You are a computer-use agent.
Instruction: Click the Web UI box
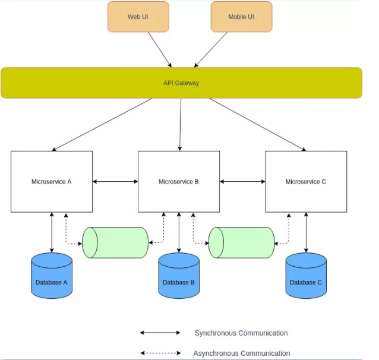tap(138, 17)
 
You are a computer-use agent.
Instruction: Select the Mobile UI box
tap(241, 17)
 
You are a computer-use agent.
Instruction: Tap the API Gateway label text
tap(181, 83)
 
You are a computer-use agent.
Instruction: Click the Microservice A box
tap(52, 182)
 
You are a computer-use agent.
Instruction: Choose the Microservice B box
tap(179, 182)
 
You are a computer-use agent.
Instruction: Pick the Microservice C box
tap(306, 182)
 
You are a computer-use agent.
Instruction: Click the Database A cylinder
tap(52, 276)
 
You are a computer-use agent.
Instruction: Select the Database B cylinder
tap(179, 276)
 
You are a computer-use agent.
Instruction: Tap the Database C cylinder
tap(306, 276)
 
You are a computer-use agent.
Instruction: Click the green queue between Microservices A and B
tap(115, 242)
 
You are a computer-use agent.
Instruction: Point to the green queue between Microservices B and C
tap(241, 242)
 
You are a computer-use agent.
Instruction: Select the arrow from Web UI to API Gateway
tap(160, 49)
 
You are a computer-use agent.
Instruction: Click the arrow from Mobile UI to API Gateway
tap(210, 49)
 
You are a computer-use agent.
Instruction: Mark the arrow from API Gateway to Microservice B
tap(181, 124)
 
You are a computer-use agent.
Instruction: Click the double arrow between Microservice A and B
tap(115, 182)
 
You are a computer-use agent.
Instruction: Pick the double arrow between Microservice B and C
tap(242, 182)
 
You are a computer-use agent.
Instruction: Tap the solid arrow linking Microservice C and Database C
tap(306, 232)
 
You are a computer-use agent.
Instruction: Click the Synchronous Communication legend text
tap(241, 333)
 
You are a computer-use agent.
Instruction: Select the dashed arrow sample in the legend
tap(160, 353)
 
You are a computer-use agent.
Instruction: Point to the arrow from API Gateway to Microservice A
tap(102, 124)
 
